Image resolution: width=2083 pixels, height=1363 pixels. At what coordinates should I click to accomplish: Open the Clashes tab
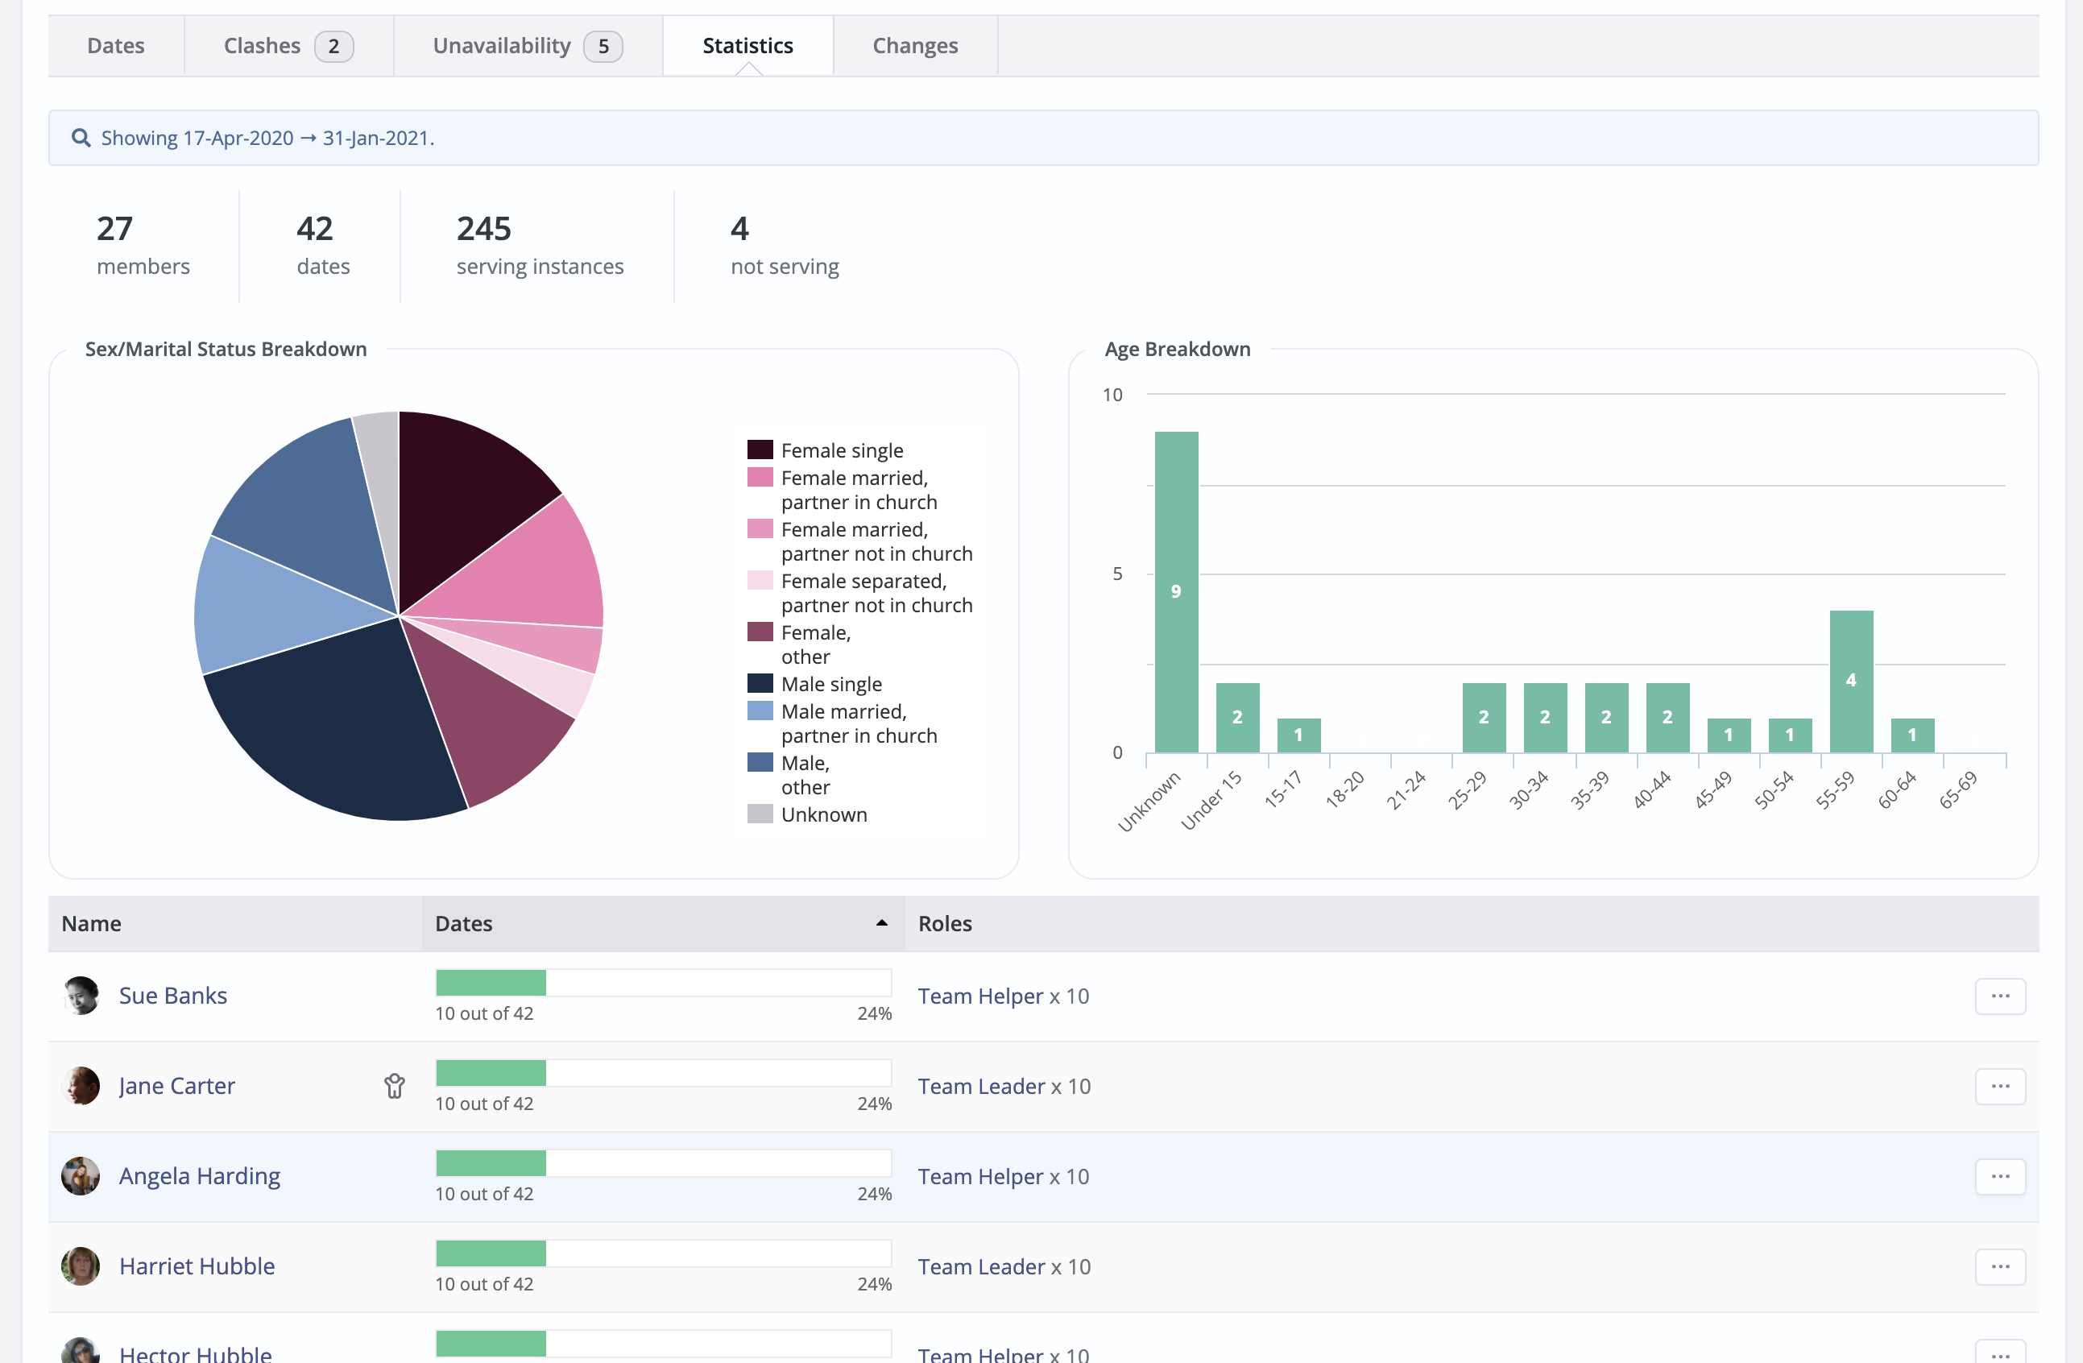(287, 46)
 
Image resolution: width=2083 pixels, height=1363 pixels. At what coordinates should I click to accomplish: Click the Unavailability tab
(527, 46)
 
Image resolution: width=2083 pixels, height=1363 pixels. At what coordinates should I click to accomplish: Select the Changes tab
(914, 46)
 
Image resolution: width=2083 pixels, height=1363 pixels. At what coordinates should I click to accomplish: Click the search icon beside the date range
(81, 139)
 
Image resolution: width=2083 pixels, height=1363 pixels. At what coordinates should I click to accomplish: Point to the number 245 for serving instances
(483, 230)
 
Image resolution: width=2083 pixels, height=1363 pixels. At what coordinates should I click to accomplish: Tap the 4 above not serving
(739, 230)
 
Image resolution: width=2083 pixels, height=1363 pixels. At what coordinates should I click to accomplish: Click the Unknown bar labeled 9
(1175, 592)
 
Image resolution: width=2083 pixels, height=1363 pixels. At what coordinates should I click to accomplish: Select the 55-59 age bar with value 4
(1850, 680)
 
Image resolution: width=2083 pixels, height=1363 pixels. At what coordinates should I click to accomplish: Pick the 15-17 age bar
(1298, 735)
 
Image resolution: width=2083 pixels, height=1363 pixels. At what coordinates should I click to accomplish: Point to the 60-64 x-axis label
(1897, 789)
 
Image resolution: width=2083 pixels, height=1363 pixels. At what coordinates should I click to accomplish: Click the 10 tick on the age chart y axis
(1112, 395)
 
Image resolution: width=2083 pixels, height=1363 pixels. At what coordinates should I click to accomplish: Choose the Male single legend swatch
(760, 684)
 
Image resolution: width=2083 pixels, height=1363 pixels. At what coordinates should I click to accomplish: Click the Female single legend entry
(841, 451)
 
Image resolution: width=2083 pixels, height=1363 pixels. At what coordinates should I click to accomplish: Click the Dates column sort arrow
(881, 923)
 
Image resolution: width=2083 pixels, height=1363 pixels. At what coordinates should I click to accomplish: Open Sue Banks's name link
(172, 996)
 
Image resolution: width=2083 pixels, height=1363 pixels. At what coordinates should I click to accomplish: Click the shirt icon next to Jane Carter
(395, 1087)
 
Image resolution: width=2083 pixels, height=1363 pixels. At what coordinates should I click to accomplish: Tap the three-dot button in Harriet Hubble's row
(2000, 1266)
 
